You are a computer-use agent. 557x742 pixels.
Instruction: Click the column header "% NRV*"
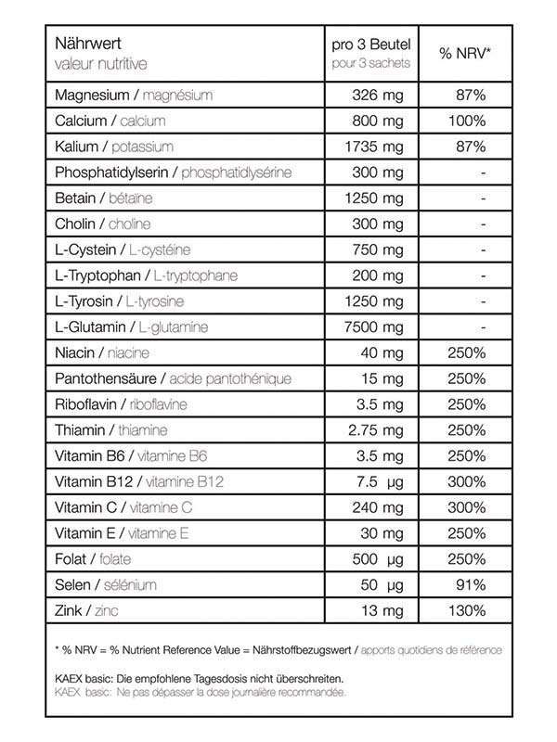(465, 54)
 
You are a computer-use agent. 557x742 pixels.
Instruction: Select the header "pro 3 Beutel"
(371, 44)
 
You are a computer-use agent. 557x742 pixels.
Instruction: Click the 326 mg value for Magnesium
(378, 96)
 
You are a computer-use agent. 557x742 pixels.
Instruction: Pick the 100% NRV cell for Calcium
(465, 122)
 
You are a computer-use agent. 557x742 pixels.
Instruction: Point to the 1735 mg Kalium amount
(373, 147)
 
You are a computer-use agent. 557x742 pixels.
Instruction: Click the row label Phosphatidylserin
(114, 173)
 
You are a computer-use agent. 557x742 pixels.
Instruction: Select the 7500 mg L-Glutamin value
(373, 327)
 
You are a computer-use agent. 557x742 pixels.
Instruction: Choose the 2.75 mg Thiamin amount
(373, 430)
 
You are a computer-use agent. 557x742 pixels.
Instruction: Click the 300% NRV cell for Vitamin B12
(465, 481)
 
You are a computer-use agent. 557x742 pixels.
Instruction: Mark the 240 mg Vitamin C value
(378, 507)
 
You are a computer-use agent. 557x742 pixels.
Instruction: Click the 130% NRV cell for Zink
(465, 610)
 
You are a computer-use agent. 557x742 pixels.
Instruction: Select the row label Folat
(72, 559)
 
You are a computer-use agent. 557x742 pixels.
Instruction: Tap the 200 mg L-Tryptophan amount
(378, 275)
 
